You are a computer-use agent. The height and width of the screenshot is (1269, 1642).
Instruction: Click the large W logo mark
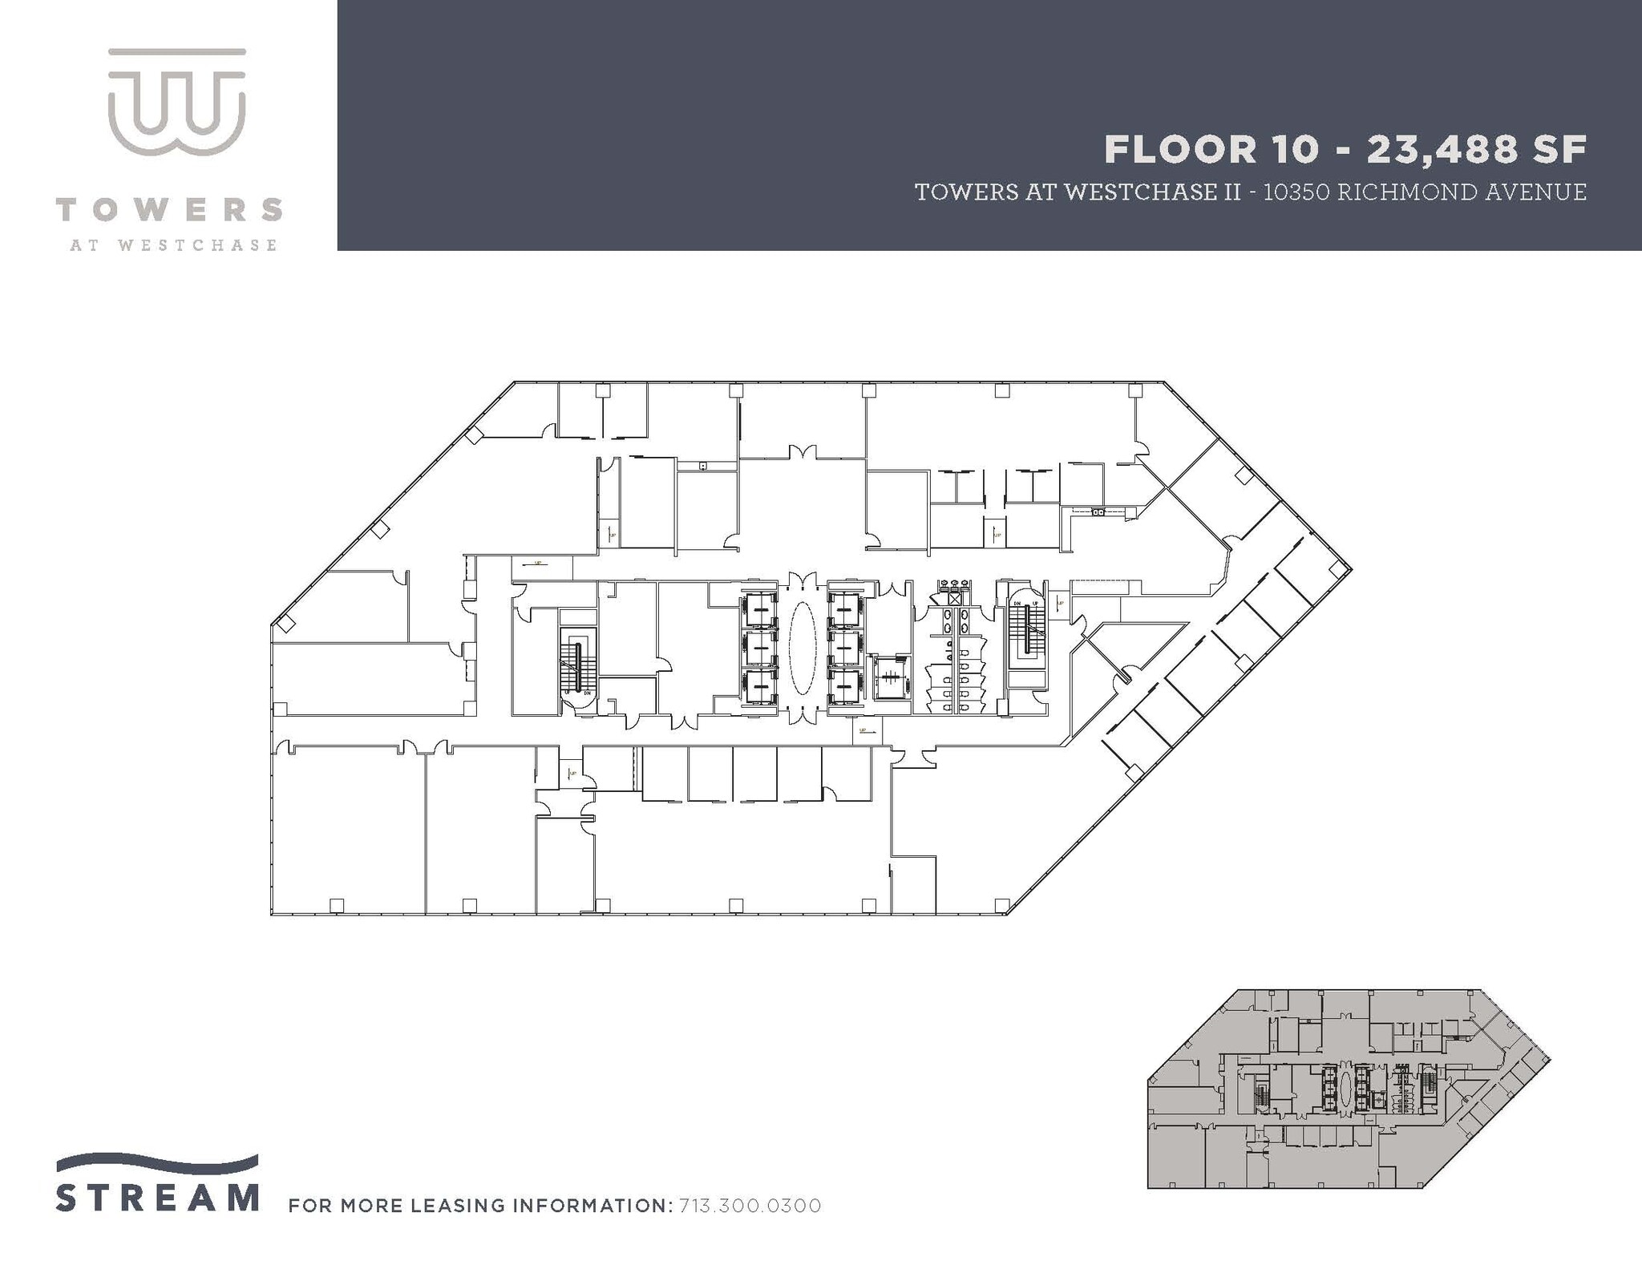coord(176,103)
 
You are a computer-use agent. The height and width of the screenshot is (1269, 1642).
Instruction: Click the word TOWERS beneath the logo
coord(169,210)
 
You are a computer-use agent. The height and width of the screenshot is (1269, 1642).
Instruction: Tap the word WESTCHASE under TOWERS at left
coord(197,245)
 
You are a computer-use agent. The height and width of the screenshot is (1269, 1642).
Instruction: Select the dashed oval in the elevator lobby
coord(803,649)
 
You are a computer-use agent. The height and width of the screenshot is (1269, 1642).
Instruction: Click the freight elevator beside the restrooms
coord(888,678)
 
